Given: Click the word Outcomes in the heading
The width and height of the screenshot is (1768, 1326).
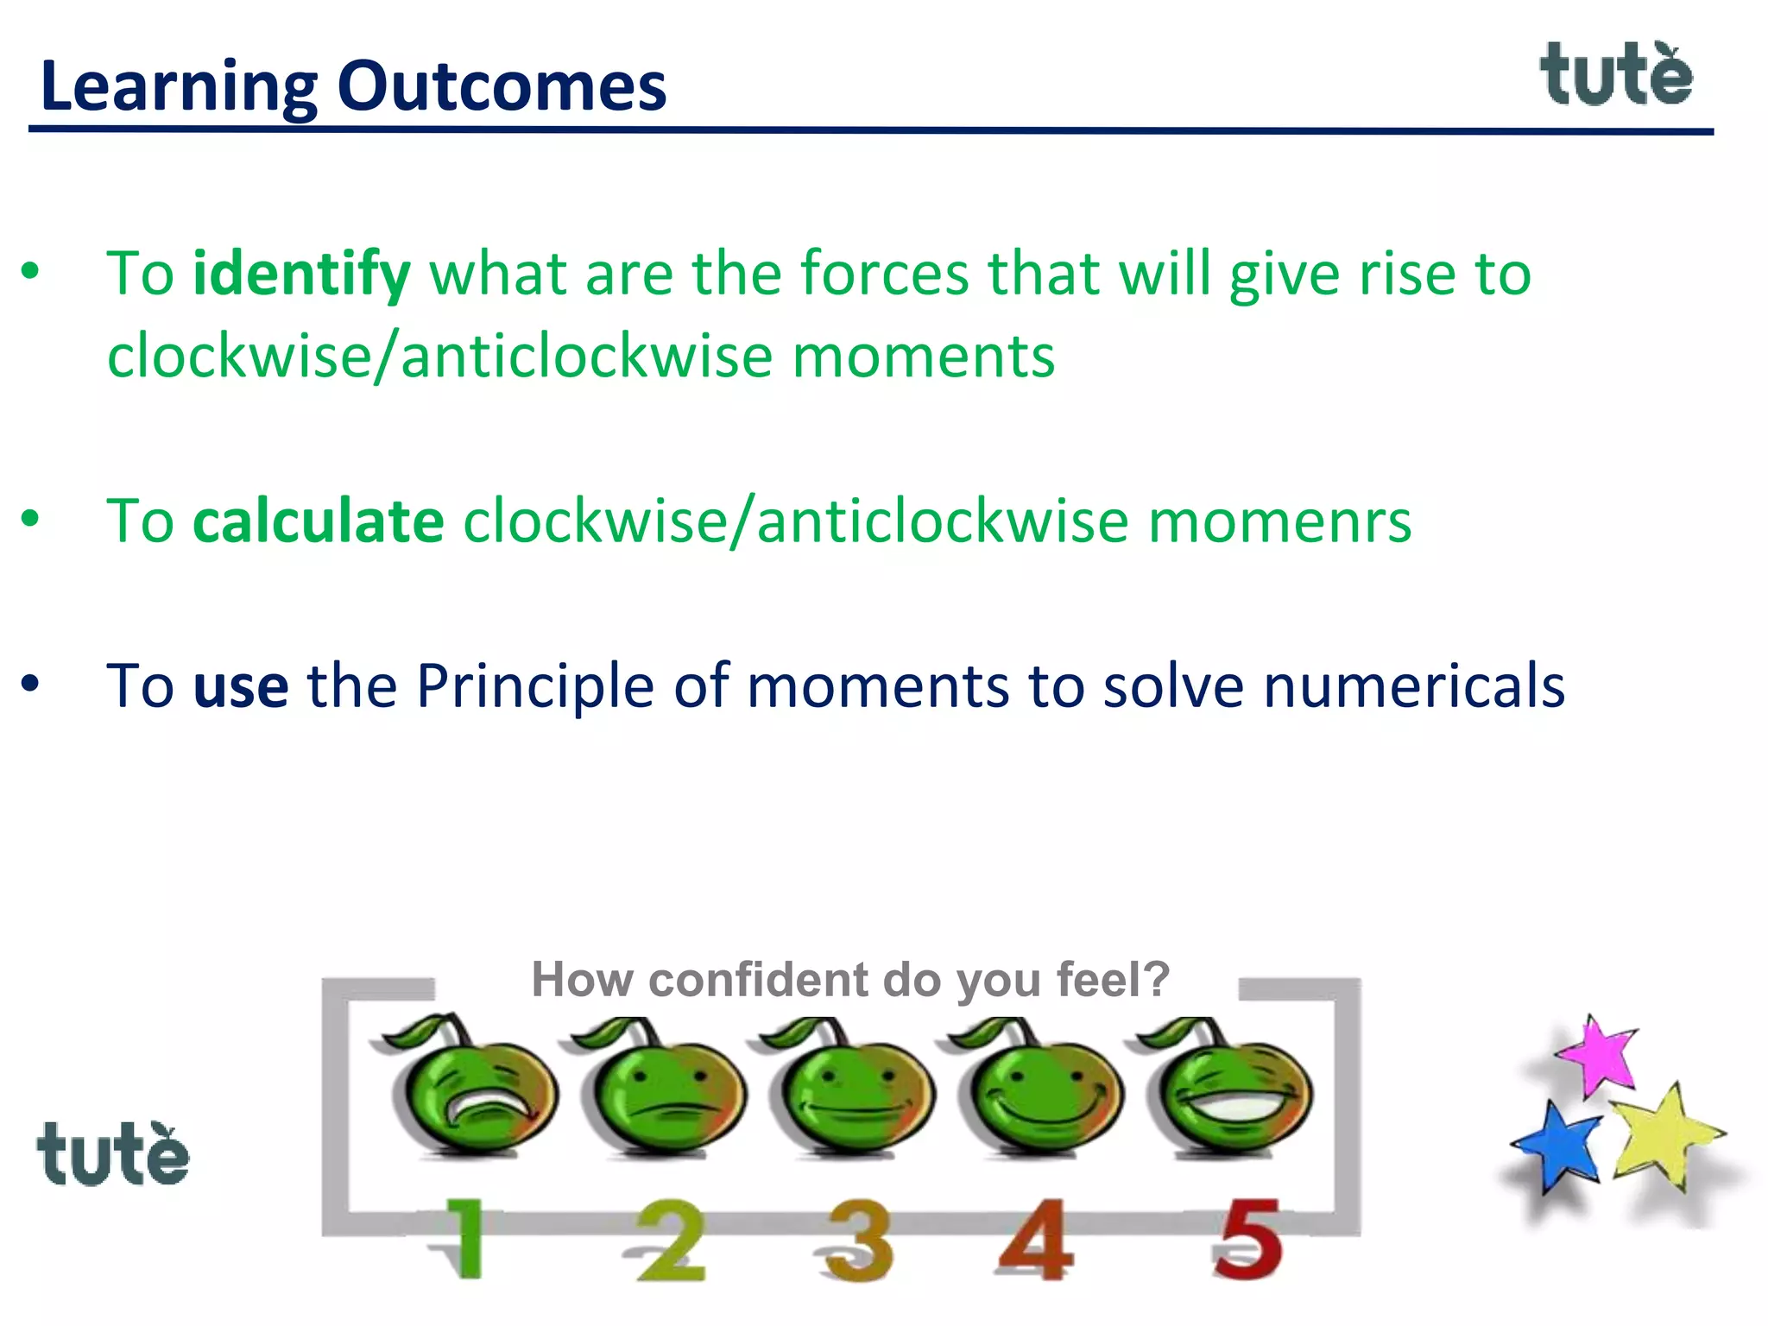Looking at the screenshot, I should tap(502, 86).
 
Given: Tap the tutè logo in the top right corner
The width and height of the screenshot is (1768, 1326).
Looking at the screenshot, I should tap(1616, 75).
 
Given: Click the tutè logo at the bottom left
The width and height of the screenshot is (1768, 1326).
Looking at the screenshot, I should tap(112, 1154).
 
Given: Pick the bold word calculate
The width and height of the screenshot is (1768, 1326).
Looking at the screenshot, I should tap(318, 521).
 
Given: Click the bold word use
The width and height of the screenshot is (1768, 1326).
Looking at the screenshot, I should tap(240, 686).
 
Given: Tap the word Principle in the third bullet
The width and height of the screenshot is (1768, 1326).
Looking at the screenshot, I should tap(535, 686).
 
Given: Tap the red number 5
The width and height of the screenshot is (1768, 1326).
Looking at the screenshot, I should tap(1247, 1240).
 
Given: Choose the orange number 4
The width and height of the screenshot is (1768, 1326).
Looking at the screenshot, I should tap(1036, 1240).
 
